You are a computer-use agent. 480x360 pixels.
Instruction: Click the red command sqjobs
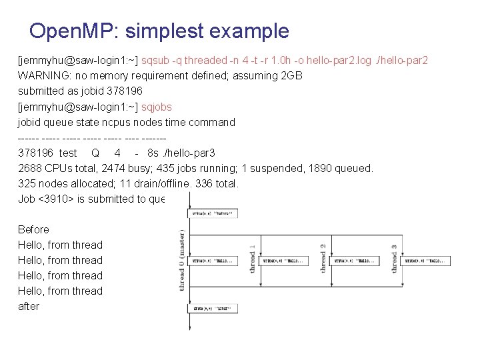click(x=157, y=107)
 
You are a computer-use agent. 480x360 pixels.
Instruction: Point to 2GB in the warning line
click(x=292, y=76)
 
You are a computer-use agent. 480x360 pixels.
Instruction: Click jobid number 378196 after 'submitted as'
click(x=125, y=91)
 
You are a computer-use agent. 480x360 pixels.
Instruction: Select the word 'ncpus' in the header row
click(x=113, y=122)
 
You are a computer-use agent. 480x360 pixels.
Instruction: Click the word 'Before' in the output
click(x=33, y=229)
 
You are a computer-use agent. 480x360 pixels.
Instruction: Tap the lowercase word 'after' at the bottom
click(x=29, y=306)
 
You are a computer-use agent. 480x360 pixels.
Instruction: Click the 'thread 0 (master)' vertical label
click(x=182, y=260)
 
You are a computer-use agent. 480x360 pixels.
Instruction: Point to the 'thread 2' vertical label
click(x=323, y=259)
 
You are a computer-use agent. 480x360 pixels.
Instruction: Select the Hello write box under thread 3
click(x=427, y=261)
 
